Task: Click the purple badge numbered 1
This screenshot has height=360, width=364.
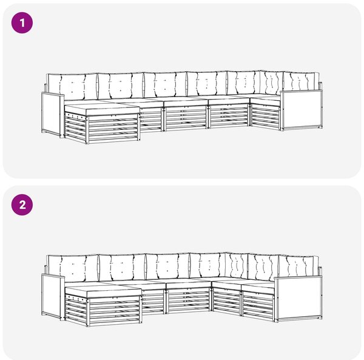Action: point(22,23)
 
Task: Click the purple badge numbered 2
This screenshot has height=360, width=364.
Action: point(22,205)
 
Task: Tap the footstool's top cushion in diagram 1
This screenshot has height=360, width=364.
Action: point(102,109)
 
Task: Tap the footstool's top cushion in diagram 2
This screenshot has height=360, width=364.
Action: point(103,292)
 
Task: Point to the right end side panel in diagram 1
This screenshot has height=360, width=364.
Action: point(302,110)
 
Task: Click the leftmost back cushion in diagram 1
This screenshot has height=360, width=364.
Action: point(72,87)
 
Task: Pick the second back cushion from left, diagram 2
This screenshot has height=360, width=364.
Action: point(123,267)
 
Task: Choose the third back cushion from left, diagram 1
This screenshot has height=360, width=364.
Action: point(165,84)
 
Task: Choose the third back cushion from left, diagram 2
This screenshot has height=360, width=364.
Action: point(167,266)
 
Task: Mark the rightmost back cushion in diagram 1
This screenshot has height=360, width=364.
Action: point(301,81)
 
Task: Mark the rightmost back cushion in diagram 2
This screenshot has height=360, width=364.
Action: point(298,266)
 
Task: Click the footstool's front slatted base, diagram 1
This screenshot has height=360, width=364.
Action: point(114,129)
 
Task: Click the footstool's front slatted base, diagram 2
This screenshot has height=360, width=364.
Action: point(115,311)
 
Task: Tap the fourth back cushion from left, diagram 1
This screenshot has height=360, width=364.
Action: point(207,83)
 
